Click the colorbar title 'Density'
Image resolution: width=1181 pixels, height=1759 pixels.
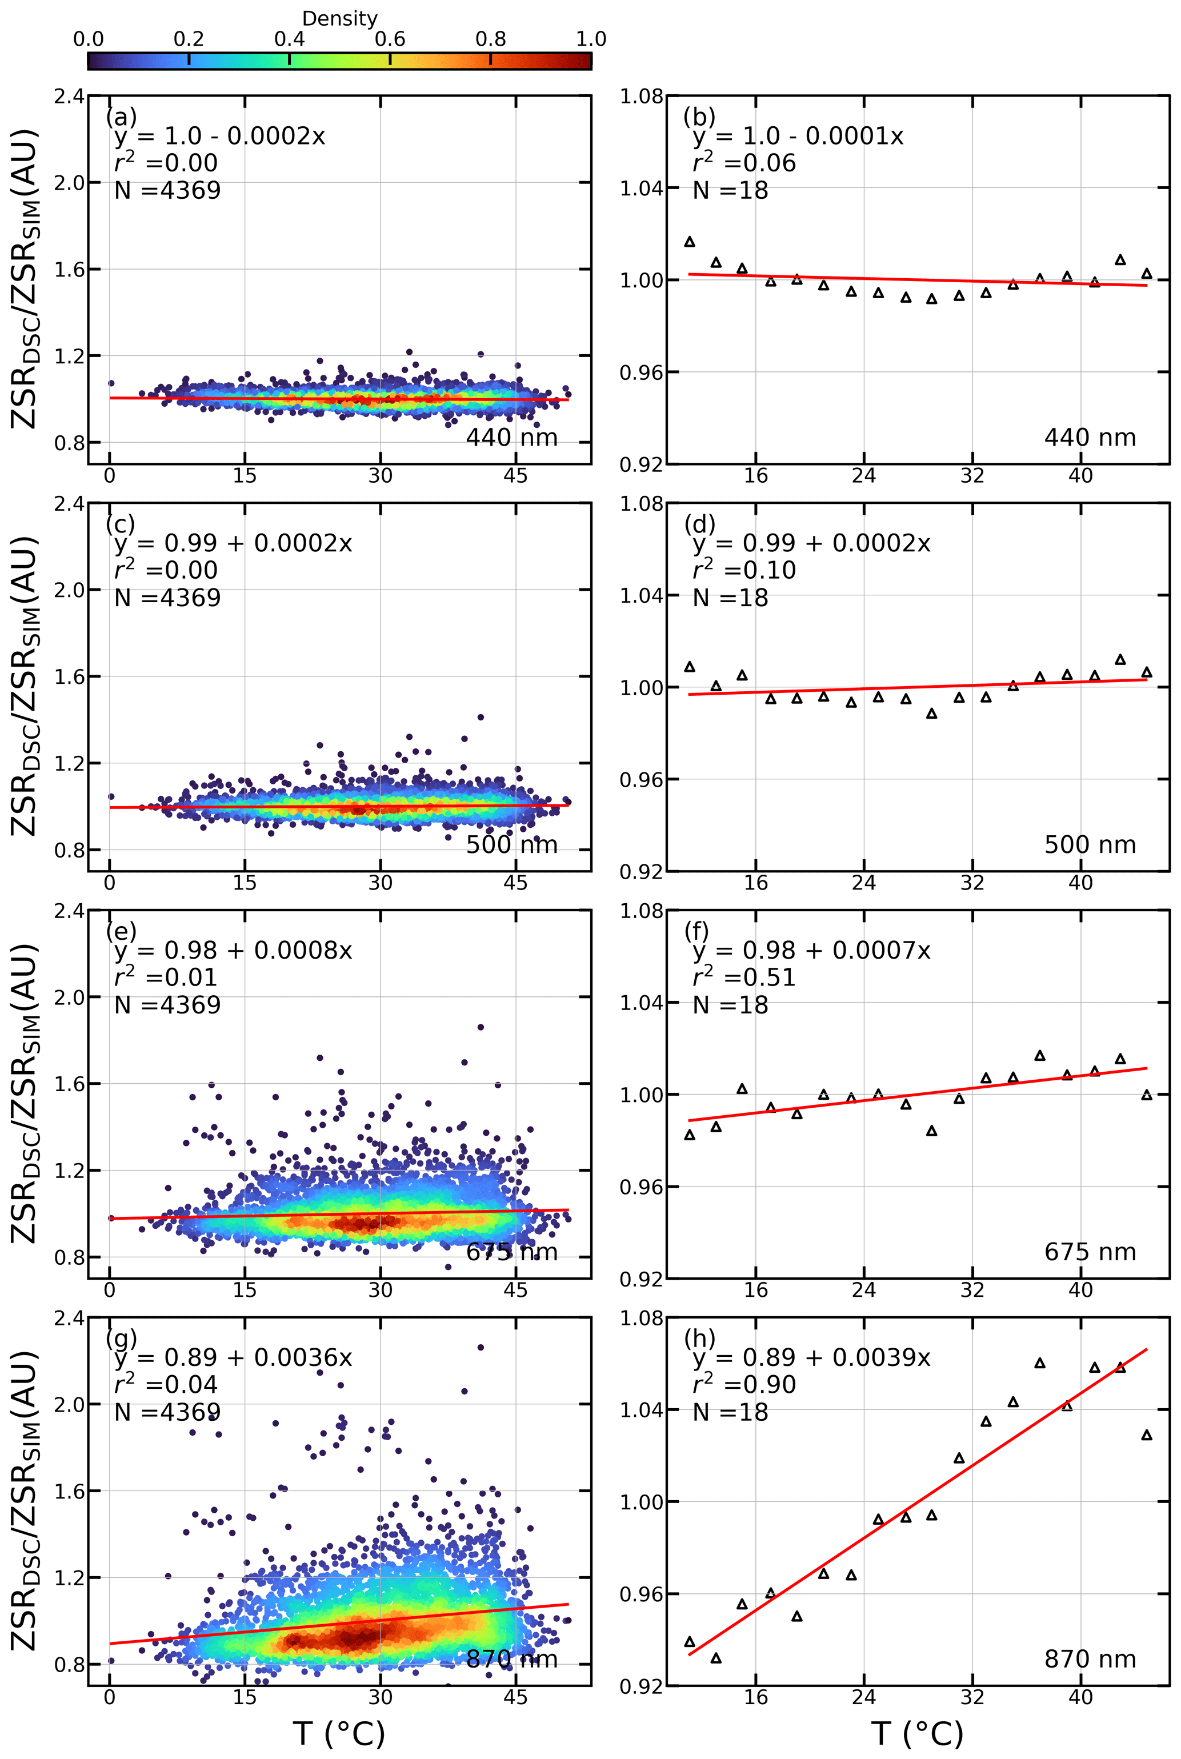click(x=340, y=19)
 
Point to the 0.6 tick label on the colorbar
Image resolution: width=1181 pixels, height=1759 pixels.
click(x=390, y=39)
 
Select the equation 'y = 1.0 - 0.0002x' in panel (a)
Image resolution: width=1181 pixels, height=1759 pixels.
click(x=220, y=137)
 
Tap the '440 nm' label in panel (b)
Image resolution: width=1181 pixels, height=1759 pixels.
click(x=1089, y=438)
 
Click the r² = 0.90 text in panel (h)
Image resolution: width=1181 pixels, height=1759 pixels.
click(x=743, y=1384)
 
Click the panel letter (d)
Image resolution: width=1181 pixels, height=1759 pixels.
click(x=699, y=523)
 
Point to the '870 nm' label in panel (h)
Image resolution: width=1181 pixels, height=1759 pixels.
click(x=1089, y=1659)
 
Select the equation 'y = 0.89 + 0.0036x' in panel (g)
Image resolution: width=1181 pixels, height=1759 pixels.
click(x=233, y=1357)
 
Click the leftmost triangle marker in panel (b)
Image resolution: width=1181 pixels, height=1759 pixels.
click(x=689, y=242)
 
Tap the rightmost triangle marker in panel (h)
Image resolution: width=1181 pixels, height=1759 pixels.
click(x=1146, y=1435)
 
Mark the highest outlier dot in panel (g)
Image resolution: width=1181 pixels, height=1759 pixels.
click(x=481, y=1347)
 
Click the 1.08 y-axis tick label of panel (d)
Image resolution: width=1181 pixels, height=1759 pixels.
click(x=641, y=504)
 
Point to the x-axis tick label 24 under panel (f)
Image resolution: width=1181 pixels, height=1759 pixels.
click(x=864, y=1290)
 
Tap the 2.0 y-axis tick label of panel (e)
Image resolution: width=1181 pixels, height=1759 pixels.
click(x=69, y=997)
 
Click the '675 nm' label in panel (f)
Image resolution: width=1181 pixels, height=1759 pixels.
click(x=1089, y=1252)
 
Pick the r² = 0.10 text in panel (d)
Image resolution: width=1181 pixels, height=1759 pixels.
click(x=743, y=570)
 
